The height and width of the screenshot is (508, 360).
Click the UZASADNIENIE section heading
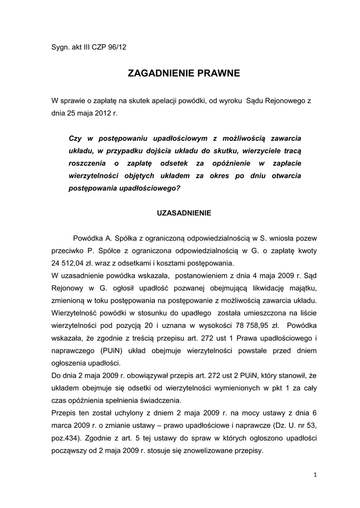(x=184, y=213)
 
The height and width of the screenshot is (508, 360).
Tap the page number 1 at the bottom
(x=315, y=475)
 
